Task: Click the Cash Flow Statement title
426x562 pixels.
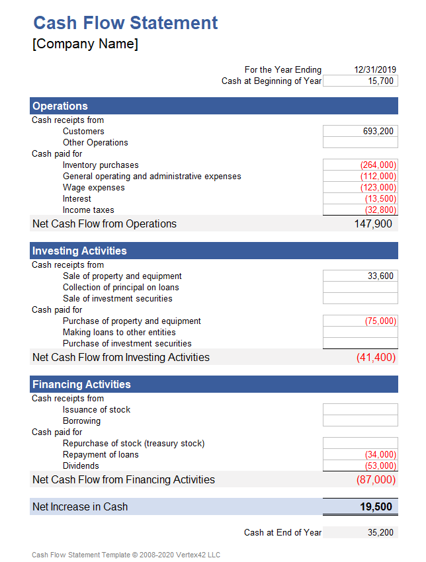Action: (125, 23)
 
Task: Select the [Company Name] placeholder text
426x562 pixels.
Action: (85, 44)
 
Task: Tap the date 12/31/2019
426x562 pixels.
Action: (374, 69)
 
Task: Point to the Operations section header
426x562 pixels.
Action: (60, 106)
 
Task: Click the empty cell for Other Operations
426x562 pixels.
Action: (361, 142)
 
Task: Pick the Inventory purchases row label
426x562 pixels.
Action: (101, 165)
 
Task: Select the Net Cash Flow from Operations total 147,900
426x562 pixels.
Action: (373, 223)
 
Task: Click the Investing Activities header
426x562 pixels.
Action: (79, 251)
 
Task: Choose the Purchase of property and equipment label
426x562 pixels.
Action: (132, 321)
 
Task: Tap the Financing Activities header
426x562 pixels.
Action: (81, 384)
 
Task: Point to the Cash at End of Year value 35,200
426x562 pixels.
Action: (380, 532)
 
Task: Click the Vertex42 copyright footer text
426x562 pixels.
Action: (126, 555)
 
